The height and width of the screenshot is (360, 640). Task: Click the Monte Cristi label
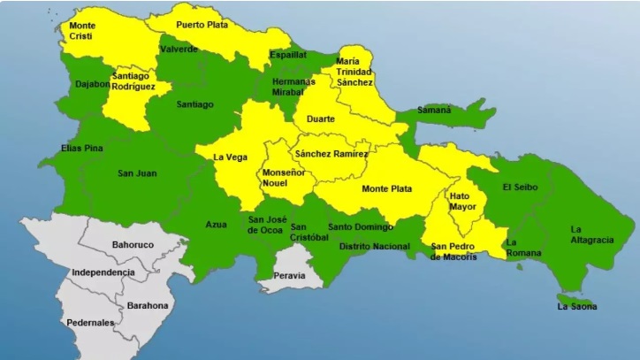click(81, 32)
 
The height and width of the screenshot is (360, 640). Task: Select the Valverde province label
click(180, 50)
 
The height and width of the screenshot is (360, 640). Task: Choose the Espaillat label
click(289, 55)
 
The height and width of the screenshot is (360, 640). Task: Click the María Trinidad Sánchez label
click(353, 72)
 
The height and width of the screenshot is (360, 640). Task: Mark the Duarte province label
click(319, 118)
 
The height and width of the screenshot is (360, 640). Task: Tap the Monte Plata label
click(387, 188)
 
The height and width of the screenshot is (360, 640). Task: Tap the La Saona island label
click(576, 306)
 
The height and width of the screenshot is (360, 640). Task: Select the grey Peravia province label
click(290, 276)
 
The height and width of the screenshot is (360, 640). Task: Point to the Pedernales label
click(90, 323)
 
